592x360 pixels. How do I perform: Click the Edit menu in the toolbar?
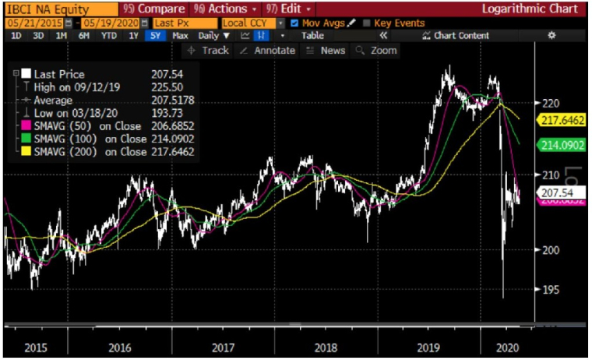(x=285, y=9)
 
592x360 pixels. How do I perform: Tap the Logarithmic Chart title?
(x=530, y=9)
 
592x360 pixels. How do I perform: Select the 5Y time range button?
(x=157, y=36)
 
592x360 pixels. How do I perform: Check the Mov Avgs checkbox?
(x=294, y=23)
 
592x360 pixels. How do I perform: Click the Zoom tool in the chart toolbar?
(x=376, y=50)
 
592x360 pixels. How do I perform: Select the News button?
(x=326, y=50)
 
